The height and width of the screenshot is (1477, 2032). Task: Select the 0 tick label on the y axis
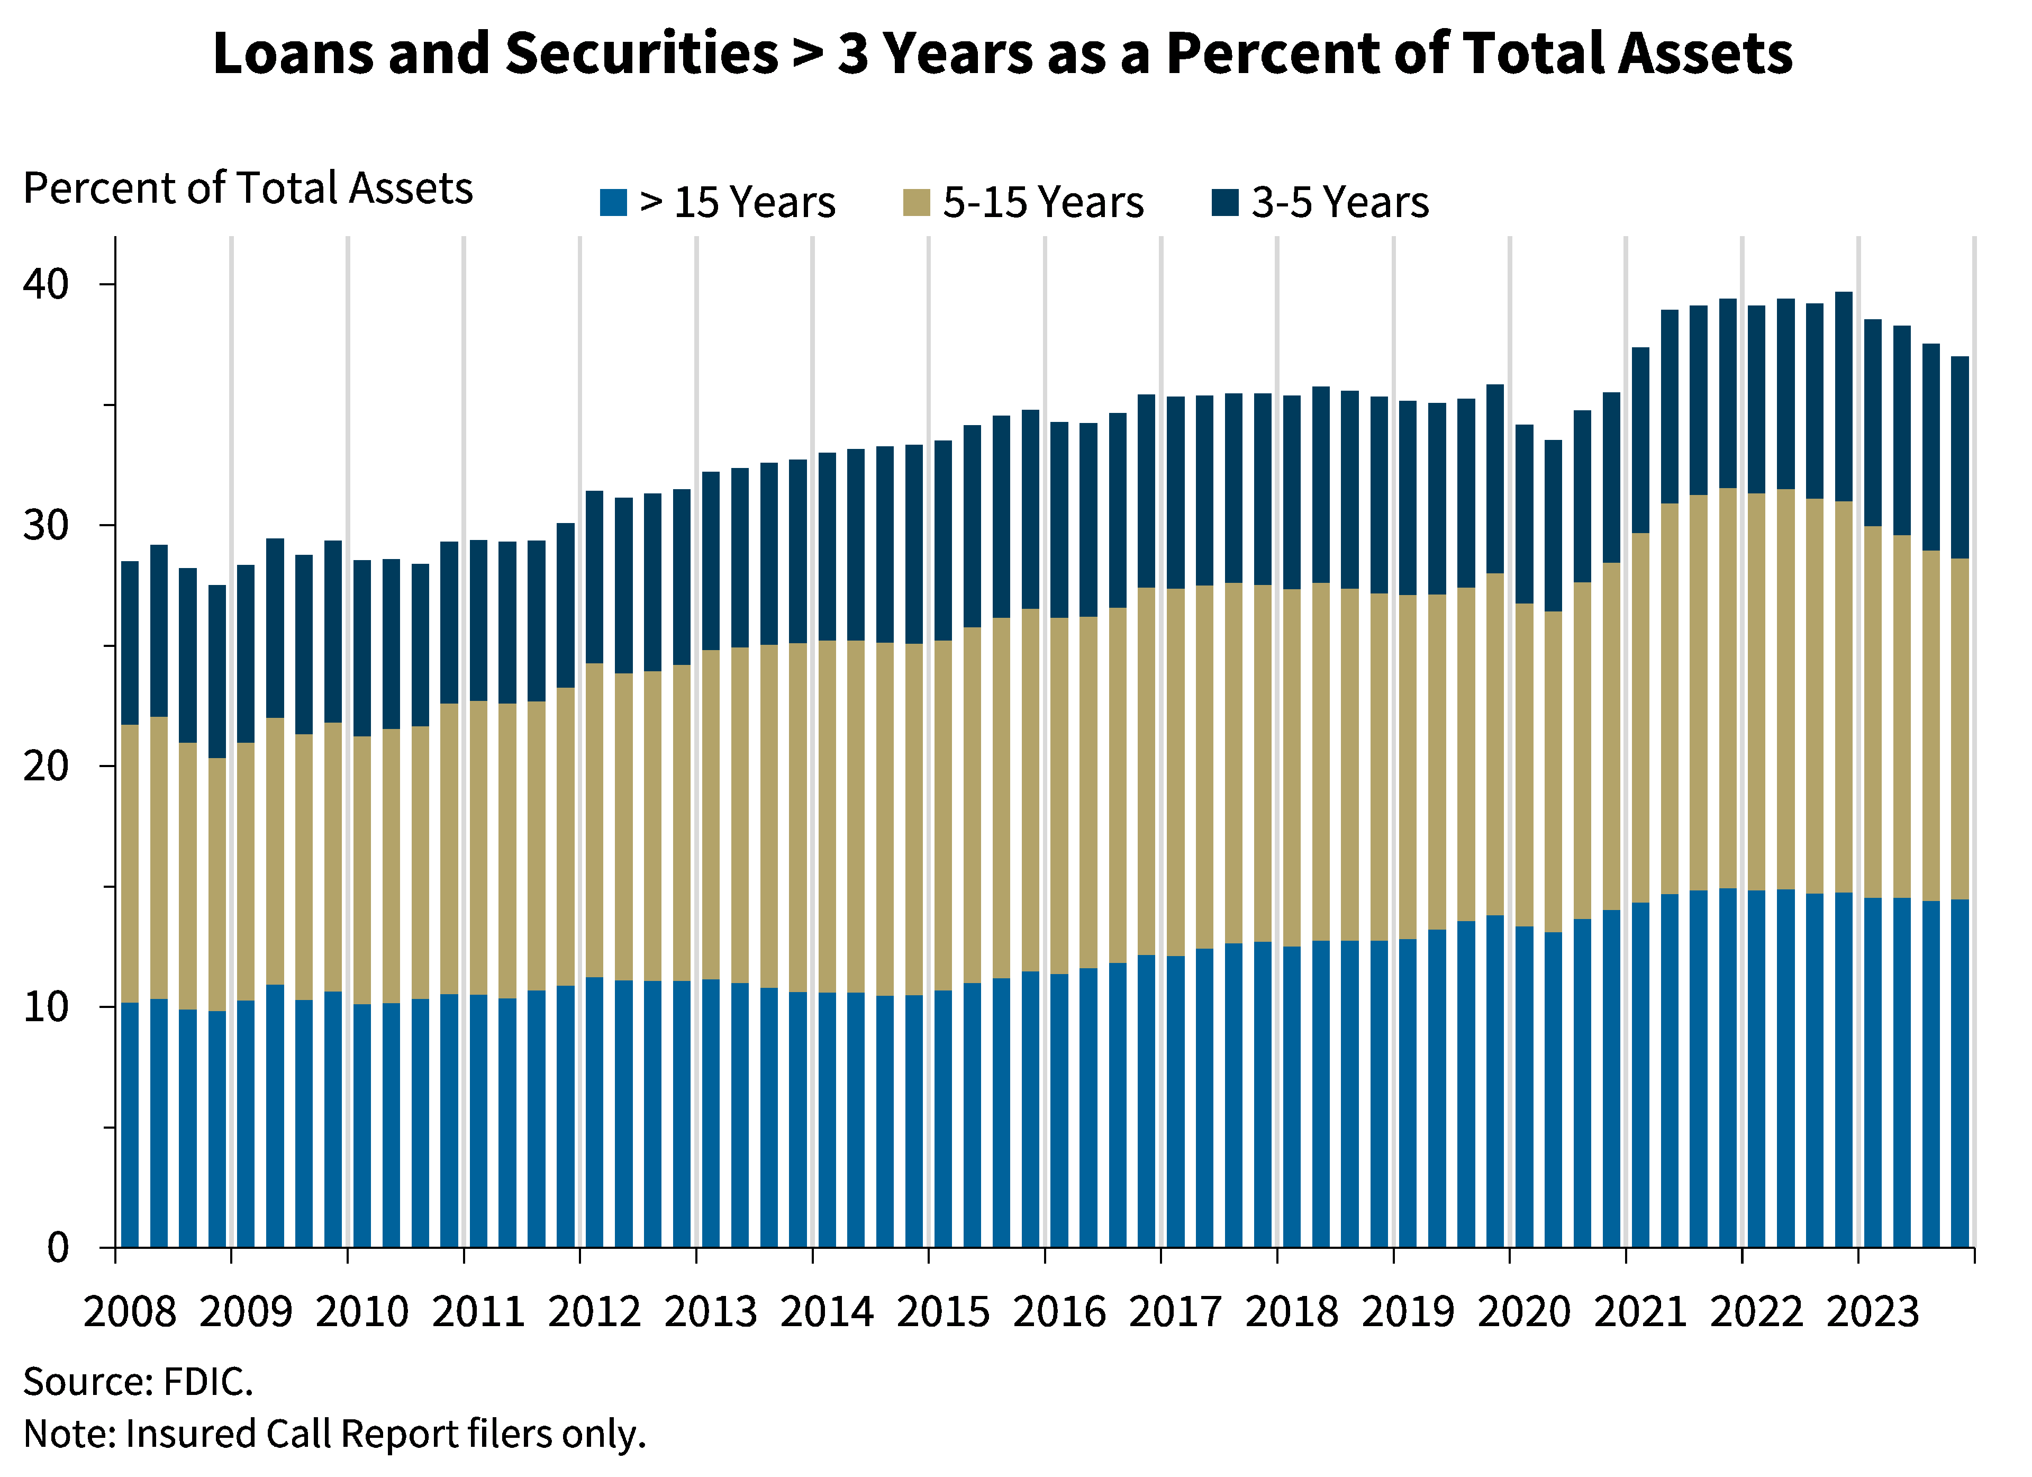[x=61, y=1246]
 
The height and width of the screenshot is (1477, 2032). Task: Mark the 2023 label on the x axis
[x=1873, y=1310]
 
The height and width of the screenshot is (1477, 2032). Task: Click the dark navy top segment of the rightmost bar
[x=1961, y=457]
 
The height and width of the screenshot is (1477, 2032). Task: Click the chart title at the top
[x=1003, y=52]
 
